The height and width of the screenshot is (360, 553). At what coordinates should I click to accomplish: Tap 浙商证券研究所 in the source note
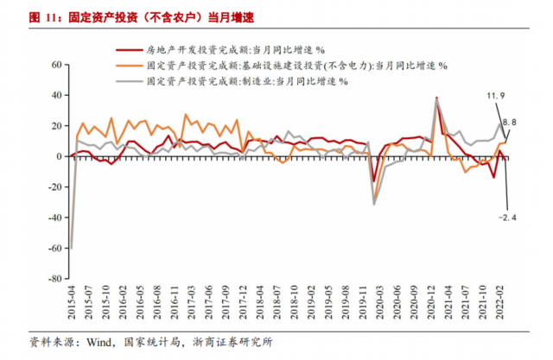(234, 342)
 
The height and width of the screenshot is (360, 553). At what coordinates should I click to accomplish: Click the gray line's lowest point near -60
(71, 249)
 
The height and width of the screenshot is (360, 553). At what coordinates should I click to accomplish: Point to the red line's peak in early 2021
(436, 98)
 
